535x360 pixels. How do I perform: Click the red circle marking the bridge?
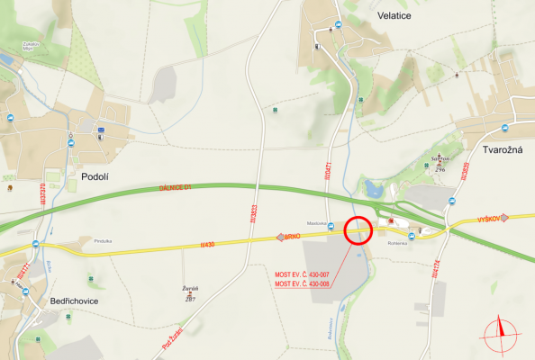pyautogui.click(x=359, y=230)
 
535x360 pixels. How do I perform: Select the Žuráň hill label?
pyautogui.click(x=189, y=289)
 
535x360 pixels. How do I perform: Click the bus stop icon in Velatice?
pyautogui.click(x=337, y=24)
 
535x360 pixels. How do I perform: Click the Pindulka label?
pyautogui.click(x=102, y=240)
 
